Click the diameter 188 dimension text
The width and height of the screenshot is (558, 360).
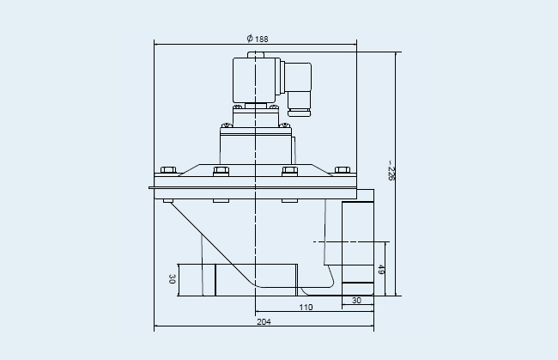tap(258, 39)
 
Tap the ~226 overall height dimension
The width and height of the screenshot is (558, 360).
tap(391, 171)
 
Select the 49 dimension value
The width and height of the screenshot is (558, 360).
tap(380, 269)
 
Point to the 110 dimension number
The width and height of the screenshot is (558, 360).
tap(306, 307)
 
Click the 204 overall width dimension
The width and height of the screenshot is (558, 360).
tap(264, 321)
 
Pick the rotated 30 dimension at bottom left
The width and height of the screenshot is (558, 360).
tap(172, 279)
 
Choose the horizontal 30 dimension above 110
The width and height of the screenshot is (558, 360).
tap(356, 301)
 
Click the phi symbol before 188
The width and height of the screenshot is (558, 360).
tap(250, 38)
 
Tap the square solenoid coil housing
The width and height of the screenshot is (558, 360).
tap(254, 80)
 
